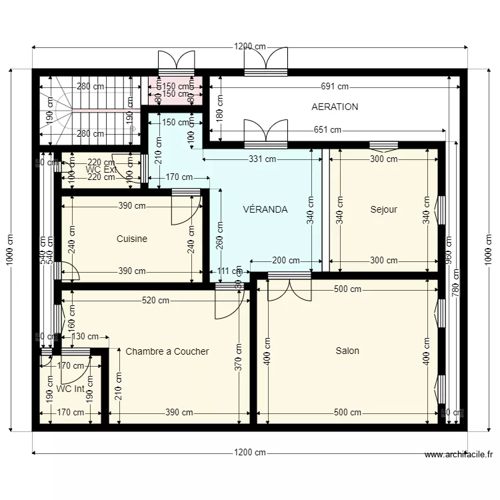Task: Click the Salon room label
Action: [347, 351]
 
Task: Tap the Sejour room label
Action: [383, 209]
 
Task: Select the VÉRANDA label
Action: [265, 209]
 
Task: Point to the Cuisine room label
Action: [132, 239]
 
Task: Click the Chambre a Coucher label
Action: [167, 351]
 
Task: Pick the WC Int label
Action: [70, 389]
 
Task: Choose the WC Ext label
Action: [101, 170]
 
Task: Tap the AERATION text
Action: [335, 107]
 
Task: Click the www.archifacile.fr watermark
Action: [459, 455]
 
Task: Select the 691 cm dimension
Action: [335, 87]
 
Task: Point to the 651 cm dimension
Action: [327, 131]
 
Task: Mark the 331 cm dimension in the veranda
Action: [263, 159]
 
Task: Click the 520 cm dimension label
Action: [155, 301]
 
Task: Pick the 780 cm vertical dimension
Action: [456, 282]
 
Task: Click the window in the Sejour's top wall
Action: [383, 145]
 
